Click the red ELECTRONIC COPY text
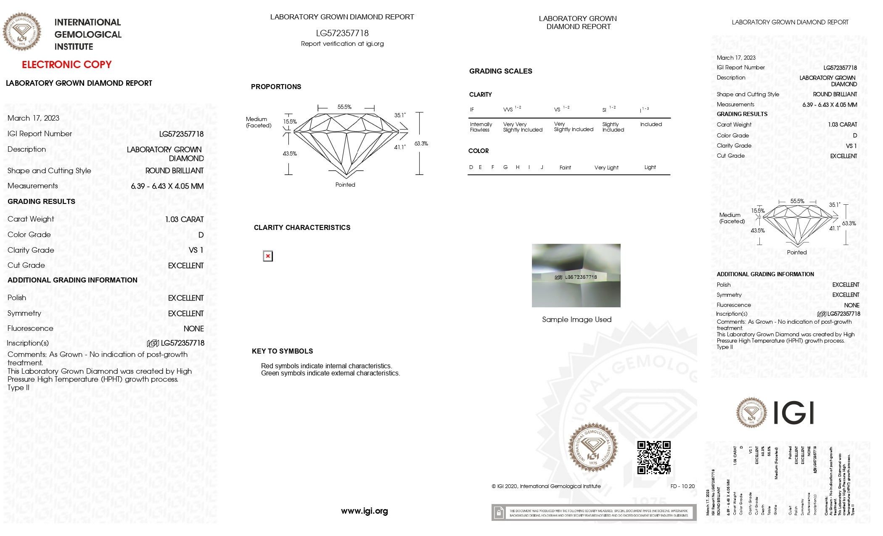[66, 65]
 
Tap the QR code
[653, 457]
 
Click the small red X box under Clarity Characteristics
[268, 256]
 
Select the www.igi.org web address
[364, 511]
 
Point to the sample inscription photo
[576, 275]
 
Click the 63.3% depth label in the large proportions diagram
[421, 144]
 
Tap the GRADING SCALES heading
[500, 71]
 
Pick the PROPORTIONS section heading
[276, 87]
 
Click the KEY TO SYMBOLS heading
[282, 351]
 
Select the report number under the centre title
[342, 33]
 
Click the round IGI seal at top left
[22, 32]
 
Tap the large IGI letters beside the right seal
[793, 413]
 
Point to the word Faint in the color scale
[565, 168]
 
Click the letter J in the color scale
[542, 167]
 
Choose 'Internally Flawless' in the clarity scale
[481, 127]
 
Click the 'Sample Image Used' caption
[576, 319]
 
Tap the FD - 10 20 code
[682, 486]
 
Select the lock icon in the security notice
[499, 513]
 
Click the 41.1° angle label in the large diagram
[399, 147]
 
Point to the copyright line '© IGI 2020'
[546, 486]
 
